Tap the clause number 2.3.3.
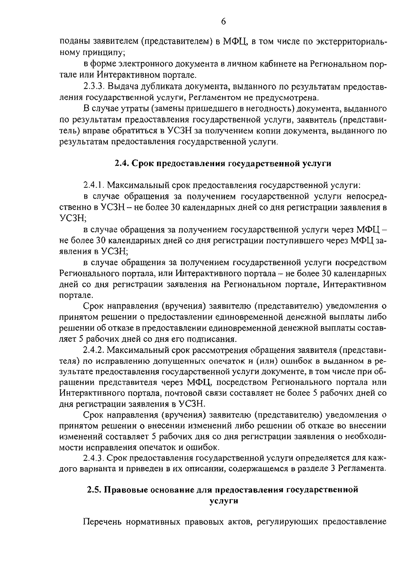pos(93,87)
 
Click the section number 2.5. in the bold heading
pos(94,490)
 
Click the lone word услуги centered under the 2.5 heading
pos(223,501)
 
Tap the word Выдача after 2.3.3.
pos(123,87)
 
